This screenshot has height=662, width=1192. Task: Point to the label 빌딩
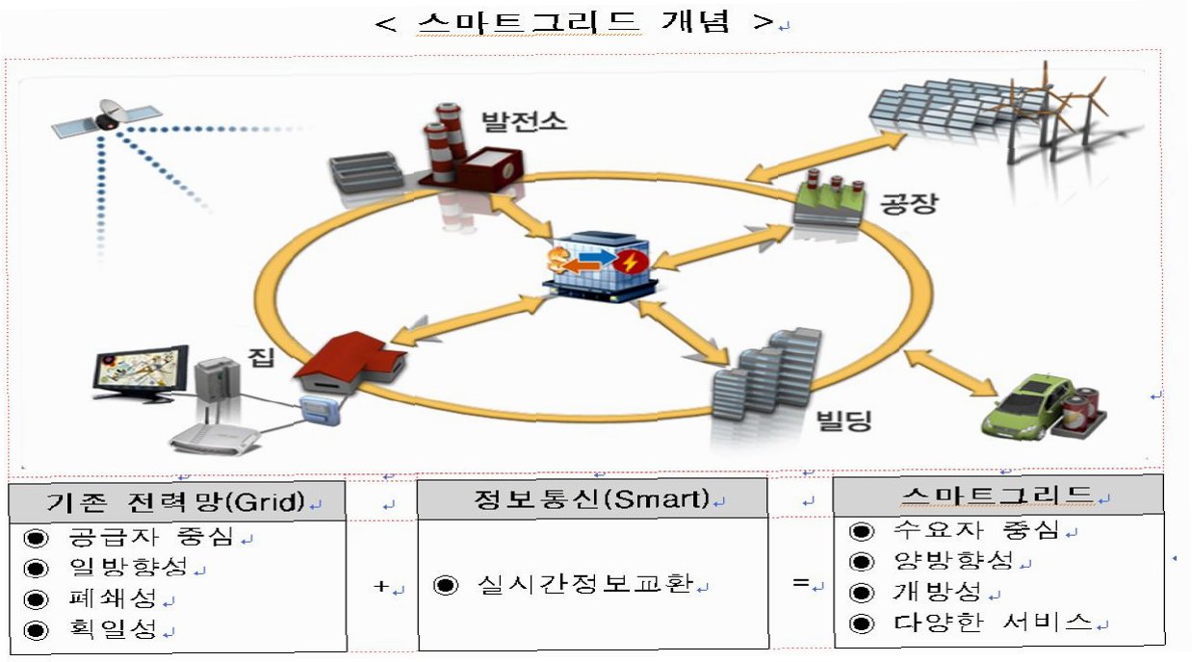tap(843, 420)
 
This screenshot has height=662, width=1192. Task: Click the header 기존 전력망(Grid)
tap(175, 501)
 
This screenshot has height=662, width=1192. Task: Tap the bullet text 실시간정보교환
tap(586, 585)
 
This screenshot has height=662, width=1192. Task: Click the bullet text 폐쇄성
tap(114, 598)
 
